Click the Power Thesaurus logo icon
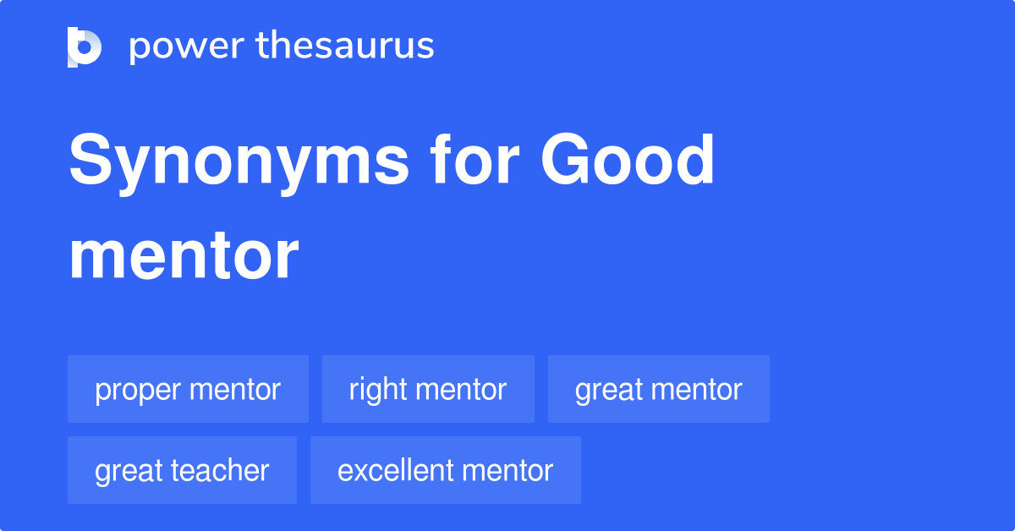[84, 47]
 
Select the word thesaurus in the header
[345, 47]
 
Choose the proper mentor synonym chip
[188, 389]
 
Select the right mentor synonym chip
[428, 389]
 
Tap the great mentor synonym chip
[659, 389]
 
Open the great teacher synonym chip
[182, 470]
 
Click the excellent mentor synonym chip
[446, 470]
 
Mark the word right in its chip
[373, 391]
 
